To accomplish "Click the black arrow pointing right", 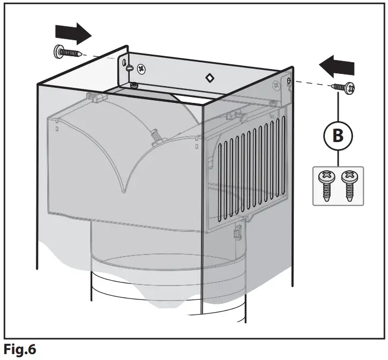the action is pos(76,34).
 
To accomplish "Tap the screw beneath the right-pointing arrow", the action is pos(68,52).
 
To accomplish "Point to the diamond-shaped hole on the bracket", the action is pos(210,78).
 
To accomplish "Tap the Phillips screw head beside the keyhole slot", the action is pos(141,69).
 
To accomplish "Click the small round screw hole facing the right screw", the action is pos(289,80).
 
